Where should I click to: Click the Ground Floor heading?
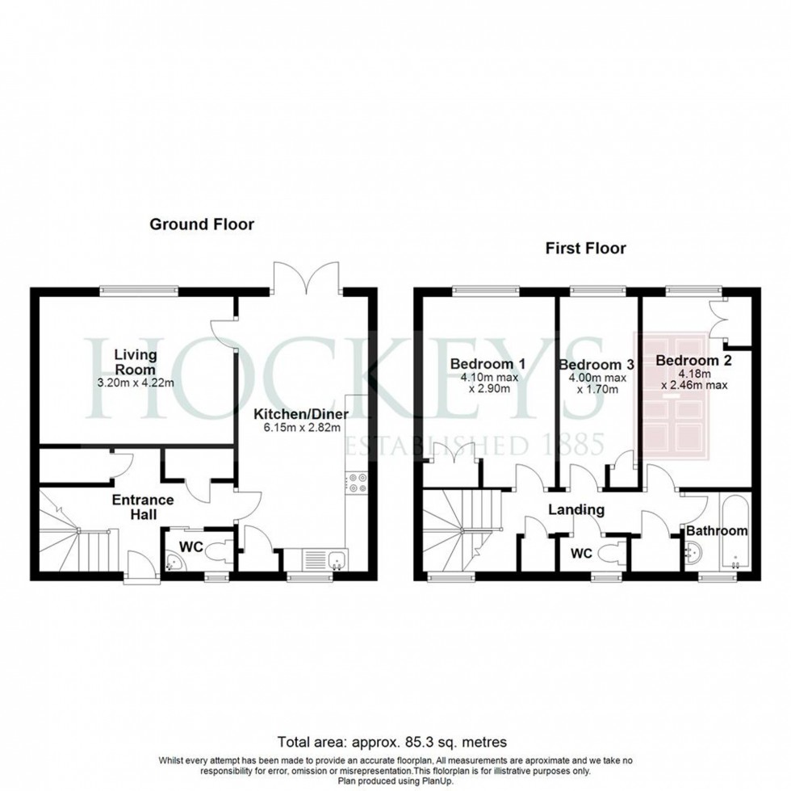201,224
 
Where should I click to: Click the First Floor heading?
584,249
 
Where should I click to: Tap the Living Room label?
135,362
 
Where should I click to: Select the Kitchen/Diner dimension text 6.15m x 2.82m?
298,428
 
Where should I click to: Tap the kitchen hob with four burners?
358,483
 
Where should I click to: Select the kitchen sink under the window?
322,559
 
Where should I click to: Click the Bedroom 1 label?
488,364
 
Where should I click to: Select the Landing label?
576,509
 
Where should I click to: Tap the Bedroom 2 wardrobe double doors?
720,320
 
